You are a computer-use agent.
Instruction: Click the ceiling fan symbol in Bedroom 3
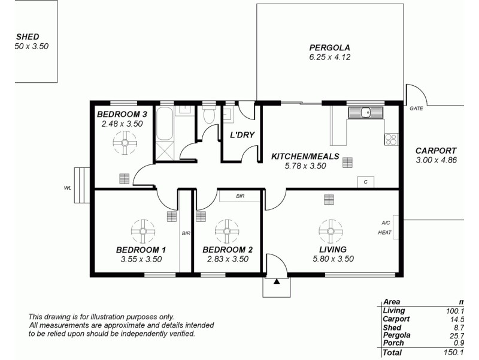pyautogui.click(x=125, y=143)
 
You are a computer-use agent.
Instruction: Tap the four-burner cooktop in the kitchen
pyautogui.click(x=391, y=139)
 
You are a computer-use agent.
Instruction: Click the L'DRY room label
pyautogui.click(x=242, y=135)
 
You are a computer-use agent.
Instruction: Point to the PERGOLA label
pyautogui.click(x=329, y=47)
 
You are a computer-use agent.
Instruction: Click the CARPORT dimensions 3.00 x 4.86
pyautogui.click(x=436, y=160)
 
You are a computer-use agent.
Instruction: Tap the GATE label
pyautogui.click(x=416, y=109)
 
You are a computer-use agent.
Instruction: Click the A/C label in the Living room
pyautogui.click(x=385, y=223)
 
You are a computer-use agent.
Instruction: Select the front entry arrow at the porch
pyautogui.click(x=276, y=281)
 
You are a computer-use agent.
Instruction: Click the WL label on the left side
pyautogui.click(x=68, y=188)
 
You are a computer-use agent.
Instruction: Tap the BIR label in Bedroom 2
pyautogui.click(x=239, y=196)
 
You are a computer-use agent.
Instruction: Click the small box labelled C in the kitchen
pyautogui.click(x=365, y=181)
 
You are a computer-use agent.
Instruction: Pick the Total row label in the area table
pyautogui.click(x=393, y=353)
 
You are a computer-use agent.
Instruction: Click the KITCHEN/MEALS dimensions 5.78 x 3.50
pyautogui.click(x=305, y=166)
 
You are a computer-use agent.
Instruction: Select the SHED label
pyautogui.click(x=28, y=37)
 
